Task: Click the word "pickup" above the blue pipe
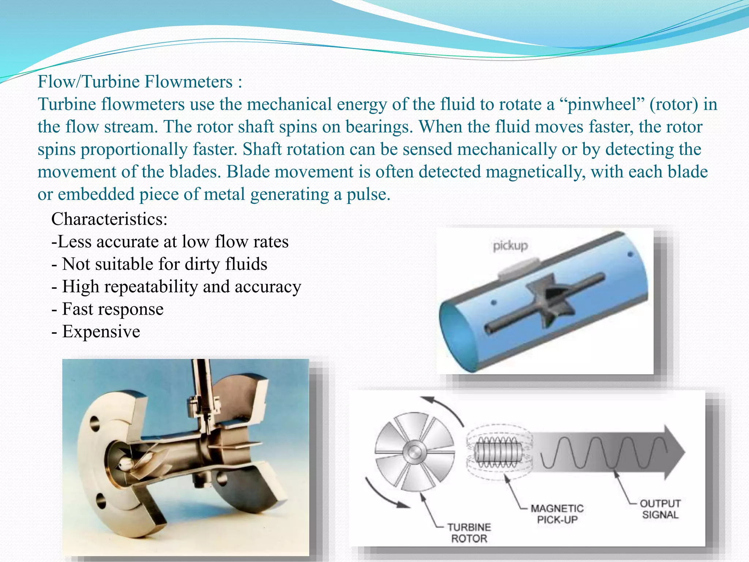pos(510,246)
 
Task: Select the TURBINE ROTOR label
pos(469,533)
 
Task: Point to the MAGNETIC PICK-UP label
pos(557,514)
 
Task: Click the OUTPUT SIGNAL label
pos(660,509)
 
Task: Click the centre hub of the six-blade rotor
pos(415,452)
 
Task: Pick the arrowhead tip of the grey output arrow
pos(683,452)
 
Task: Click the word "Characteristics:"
pos(109,219)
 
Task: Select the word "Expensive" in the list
pos(101,331)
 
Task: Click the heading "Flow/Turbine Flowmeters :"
pos(140,82)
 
